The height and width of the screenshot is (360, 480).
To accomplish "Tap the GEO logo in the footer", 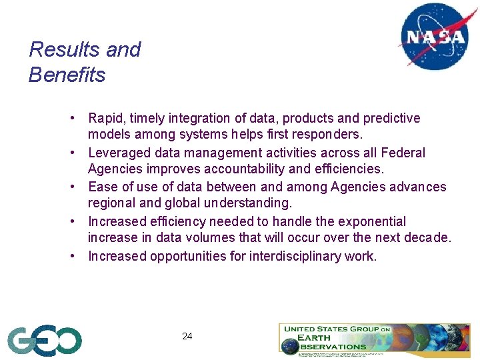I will coord(45,341).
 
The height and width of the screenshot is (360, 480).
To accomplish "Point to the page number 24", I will coord(187,337).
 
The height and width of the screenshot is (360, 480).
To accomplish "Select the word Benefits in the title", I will coord(67,75).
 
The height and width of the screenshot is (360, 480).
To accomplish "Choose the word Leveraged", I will coord(119,153).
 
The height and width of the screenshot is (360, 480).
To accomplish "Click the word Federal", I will coord(403,153).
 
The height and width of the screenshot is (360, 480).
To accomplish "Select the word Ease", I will coord(102,187).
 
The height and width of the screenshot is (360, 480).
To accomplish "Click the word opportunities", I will coord(193,256).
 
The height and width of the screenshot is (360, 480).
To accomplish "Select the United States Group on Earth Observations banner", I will coord(374,339).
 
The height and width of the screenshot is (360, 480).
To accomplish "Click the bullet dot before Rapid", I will coord(79,119).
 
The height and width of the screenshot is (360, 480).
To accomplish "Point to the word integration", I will coord(199,119).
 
